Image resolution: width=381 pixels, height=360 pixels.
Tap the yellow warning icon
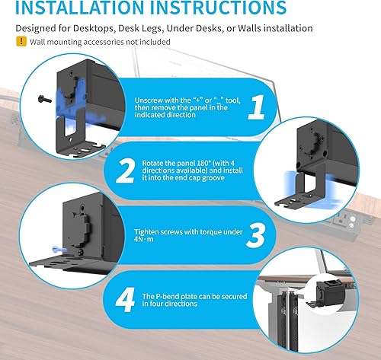click(21, 42)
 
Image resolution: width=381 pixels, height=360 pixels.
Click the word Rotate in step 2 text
click(155, 162)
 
